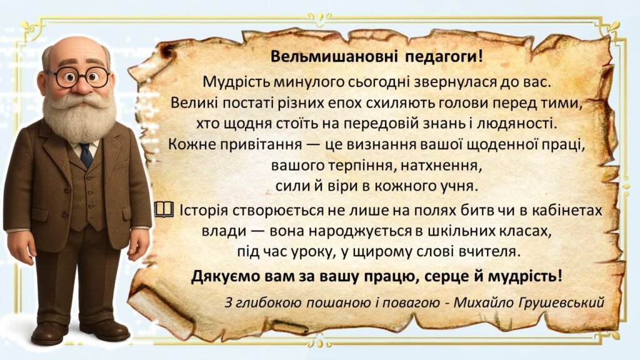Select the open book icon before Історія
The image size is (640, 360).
click(161, 211)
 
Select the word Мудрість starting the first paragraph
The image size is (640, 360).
click(230, 82)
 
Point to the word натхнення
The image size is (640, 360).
click(448, 167)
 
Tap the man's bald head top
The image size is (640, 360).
click(76, 47)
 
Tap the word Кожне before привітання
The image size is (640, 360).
click(190, 144)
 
